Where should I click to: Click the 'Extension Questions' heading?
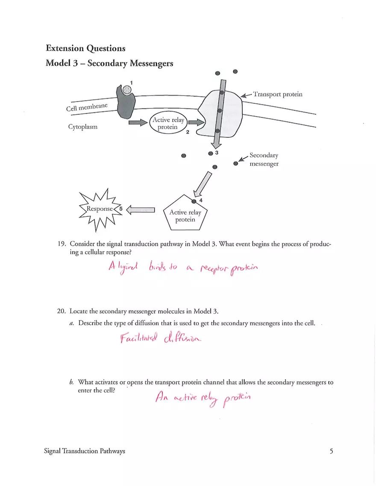pos(85,48)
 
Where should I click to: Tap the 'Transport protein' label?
pos(278,94)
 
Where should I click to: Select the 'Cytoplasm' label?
pos(82,127)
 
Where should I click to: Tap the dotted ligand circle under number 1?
pos(127,90)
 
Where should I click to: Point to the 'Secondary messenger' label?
pos(264,160)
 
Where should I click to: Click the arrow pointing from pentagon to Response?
pos(140,209)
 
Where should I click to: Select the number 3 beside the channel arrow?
pos(217,152)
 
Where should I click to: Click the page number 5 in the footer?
pos(331,451)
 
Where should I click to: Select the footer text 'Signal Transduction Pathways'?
pos(85,451)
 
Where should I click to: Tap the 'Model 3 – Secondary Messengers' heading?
pos(109,63)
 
